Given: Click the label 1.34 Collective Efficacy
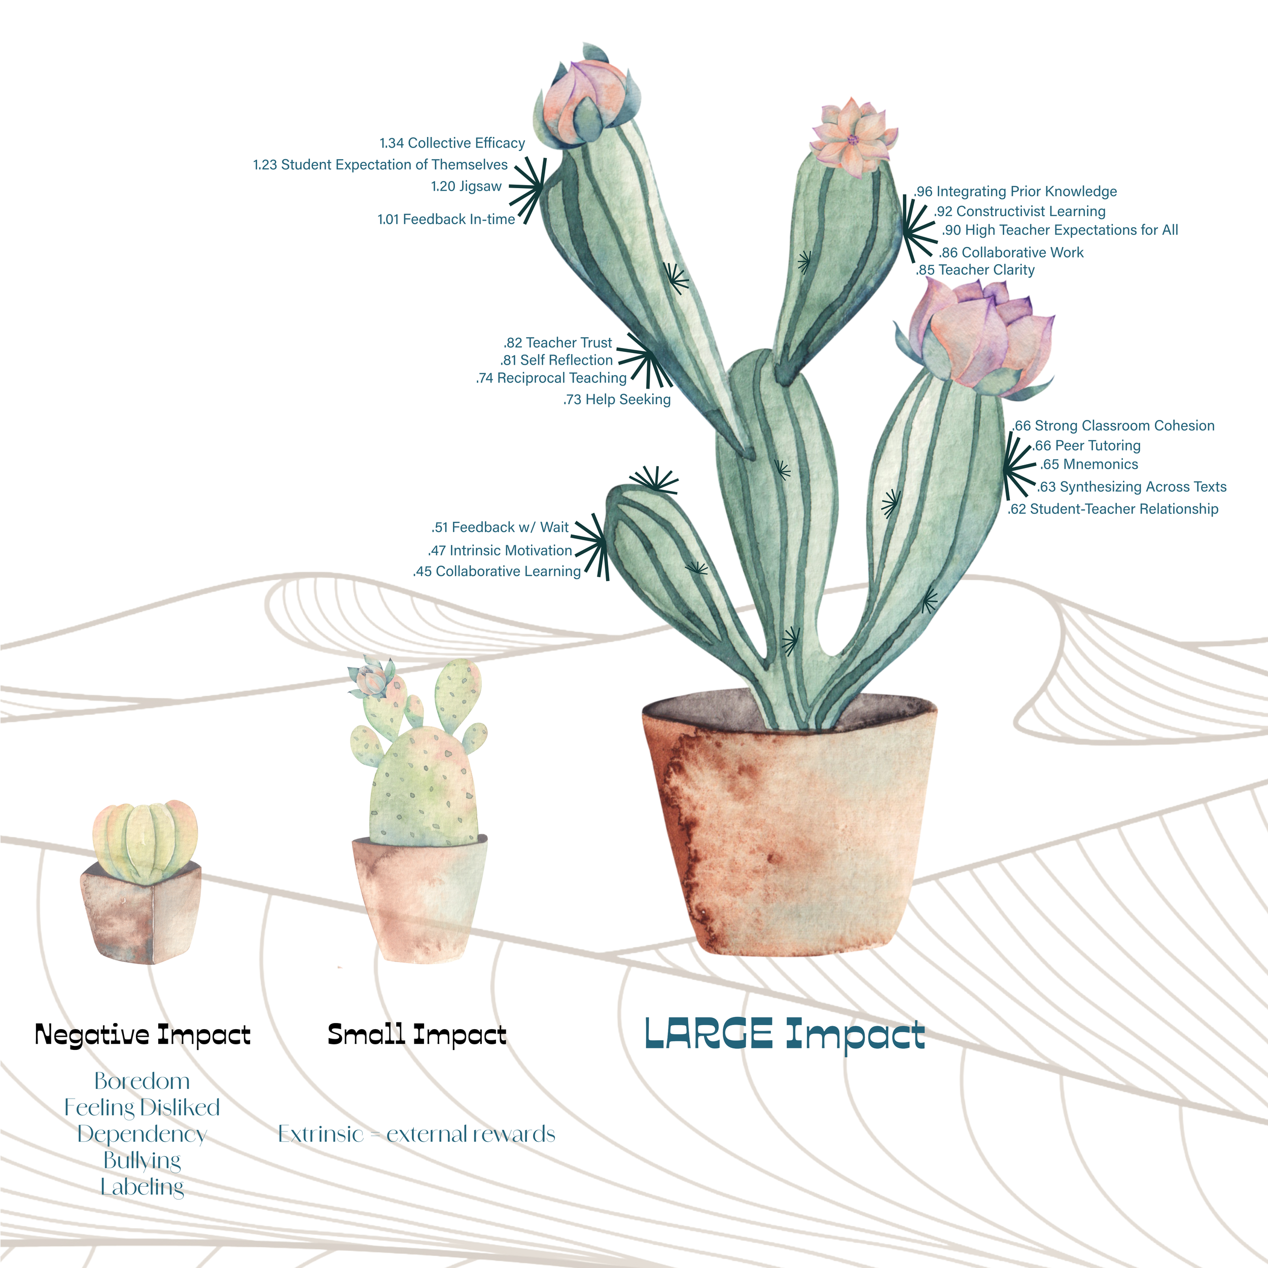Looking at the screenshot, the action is pyautogui.click(x=452, y=143).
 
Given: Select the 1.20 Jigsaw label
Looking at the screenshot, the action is pyautogui.click(x=466, y=186).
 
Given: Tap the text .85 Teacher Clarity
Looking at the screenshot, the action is pyautogui.click(x=975, y=270).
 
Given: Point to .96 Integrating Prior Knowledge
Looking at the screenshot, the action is pyautogui.click(x=1015, y=192).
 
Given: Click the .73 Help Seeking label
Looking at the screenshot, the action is pyautogui.click(x=617, y=399).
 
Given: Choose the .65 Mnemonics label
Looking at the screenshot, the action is pyautogui.click(x=1089, y=464).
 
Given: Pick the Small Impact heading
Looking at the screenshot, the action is pyautogui.click(x=417, y=1035).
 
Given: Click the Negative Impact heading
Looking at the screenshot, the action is pyautogui.click(x=143, y=1035).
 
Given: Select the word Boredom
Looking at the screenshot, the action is pyautogui.click(x=142, y=1081).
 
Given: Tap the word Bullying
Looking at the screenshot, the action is pyautogui.click(x=142, y=1160).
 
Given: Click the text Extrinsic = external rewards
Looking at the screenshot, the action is pyautogui.click(x=417, y=1134).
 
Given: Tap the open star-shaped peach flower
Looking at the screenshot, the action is pyautogui.click(x=852, y=138).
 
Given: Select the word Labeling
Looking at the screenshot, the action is pyautogui.click(x=142, y=1187).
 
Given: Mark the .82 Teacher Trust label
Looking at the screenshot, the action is pyautogui.click(x=558, y=342).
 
